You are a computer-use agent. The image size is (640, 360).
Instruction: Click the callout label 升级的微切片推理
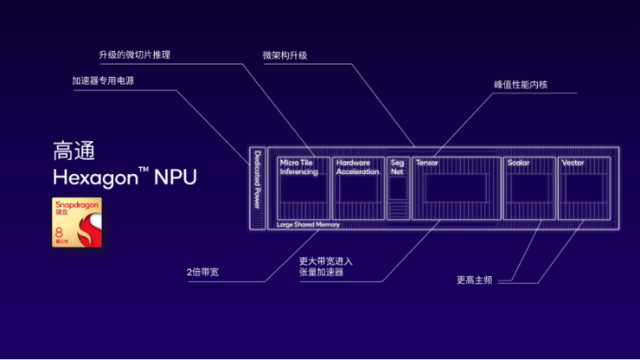tap(134, 55)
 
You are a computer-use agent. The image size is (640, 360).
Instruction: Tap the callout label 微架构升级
tap(285, 55)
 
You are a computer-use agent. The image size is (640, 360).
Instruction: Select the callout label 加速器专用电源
tap(103, 81)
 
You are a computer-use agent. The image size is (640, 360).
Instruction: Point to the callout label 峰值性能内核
tap(521, 85)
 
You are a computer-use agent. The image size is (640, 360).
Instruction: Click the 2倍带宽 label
tap(202, 273)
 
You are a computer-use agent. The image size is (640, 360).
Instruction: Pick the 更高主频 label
tap(475, 280)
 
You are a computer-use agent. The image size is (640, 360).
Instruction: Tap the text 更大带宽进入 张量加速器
tap(325, 267)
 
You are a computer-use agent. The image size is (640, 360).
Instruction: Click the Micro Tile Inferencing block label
tap(298, 167)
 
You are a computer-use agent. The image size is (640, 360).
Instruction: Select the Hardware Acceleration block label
tap(357, 167)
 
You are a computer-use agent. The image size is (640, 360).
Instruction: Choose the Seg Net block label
tap(397, 167)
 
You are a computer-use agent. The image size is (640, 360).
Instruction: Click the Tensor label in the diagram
tap(426, 163)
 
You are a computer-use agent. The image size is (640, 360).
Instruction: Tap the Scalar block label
tap(518, 163)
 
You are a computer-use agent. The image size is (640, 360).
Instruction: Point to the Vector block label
tap(573, 163)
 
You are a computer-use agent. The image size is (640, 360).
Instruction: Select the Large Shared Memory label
tap(308, 224)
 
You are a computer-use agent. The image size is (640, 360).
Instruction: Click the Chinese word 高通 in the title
tap(74, 151)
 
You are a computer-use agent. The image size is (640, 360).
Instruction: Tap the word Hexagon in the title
tap(95, 178)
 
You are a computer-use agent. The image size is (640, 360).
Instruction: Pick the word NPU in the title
tap(176, 178)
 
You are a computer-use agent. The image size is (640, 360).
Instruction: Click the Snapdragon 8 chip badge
tap(76, 222)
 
